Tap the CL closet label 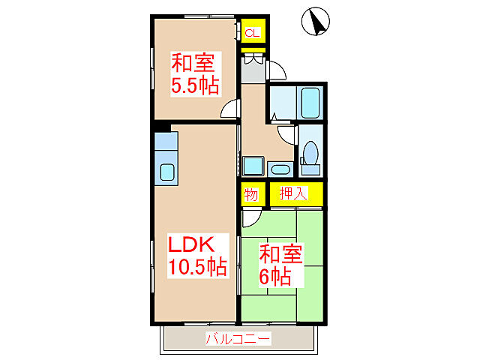[x=252, y=33]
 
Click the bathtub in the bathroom [x=310, y=102]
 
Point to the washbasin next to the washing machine [x=281, y=169]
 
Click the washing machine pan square [x=253, y=166]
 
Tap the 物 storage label [x=251, y=194]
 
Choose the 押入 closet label [x=294, y=193]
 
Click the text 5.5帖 [x=195, y=85]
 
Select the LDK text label [x=191, y=244]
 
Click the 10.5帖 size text [x=197, y=266]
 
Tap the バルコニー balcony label [x=238, y=339]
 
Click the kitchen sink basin [x=166, y=172]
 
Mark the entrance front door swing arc [x=277, y=70]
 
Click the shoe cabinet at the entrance [x=253, y=67]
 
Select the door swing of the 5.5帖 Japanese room [x=229, y=111]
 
